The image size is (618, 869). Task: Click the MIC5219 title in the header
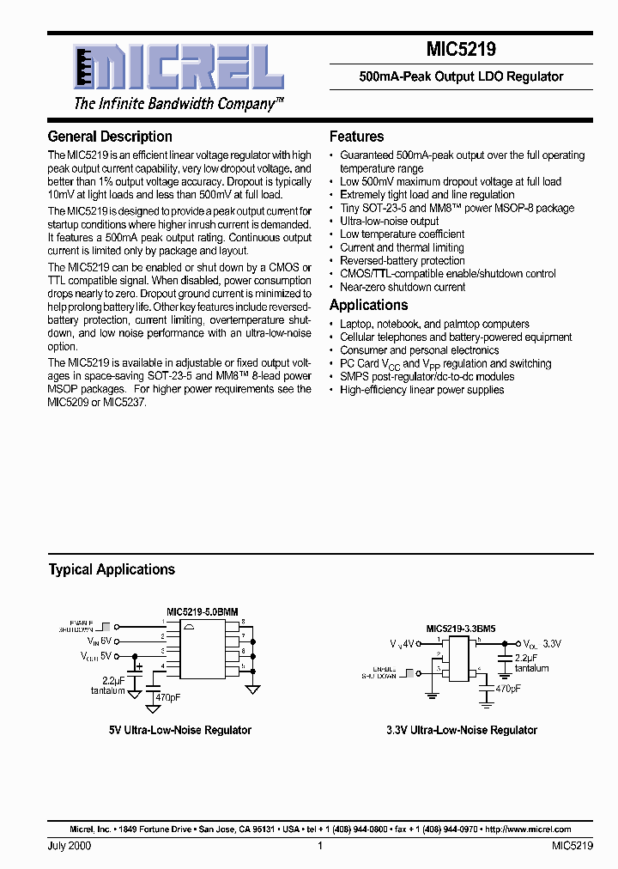pyautogui.click(x=461, y=51)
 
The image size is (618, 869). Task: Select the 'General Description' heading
pyautogui.click(x=110, y=137)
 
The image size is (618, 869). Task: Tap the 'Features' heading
pyautogui.click(x=356, y=137)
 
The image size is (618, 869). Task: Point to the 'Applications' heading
pyautogui.click(x=368, y=306)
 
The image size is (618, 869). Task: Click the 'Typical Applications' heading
pyautogui.click(x=112, y=569)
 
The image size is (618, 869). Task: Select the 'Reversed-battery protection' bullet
pyautogui.click(x=402, y=261)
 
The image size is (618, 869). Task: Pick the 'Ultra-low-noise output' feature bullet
pyautogui.click(x=389, y=221)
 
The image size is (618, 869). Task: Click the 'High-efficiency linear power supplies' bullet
pyautogui.click(x=421, y=390)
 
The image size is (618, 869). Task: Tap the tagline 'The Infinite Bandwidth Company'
pyautogui.click(x=179, y=104)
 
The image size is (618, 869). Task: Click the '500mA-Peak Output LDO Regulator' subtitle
pyautogui.click(x=461, y=76)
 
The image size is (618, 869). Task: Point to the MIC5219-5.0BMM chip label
pyautogui.click(x=203, y=611)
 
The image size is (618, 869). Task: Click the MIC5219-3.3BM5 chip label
pyautogui.click(x=460, y=629)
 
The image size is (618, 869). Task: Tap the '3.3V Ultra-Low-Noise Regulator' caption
pyautogui.click(x=461, y=730)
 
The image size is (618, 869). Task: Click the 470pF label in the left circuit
pyautogui.click(x=168, y=698)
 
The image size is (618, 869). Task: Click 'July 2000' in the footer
pyautogui.click(x=70, y=846)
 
